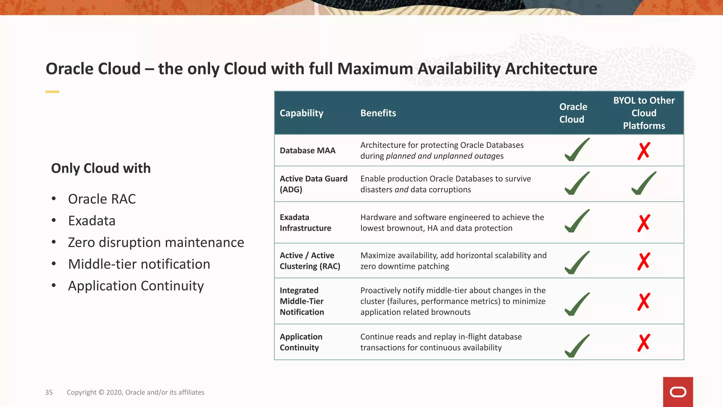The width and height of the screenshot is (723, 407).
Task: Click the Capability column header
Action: tap(301, 113)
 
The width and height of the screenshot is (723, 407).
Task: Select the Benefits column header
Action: tap(378, 113)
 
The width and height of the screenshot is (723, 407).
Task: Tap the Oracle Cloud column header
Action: tap(573, 113)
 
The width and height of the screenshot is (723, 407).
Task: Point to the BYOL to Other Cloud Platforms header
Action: tap(644, 113)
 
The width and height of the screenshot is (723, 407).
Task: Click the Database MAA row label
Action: tap(307, 151)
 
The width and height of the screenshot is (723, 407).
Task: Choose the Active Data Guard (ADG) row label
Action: tap(313, 184)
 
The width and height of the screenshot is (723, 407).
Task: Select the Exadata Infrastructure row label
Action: tap(305, 223)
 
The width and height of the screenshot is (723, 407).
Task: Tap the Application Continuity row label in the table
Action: tap(301, 342)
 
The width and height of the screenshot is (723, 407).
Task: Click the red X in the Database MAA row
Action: tap(644, 151)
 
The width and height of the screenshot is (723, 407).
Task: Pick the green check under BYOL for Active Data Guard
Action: tap(644, 183)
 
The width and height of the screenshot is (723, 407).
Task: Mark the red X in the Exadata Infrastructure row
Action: tap(644, 223)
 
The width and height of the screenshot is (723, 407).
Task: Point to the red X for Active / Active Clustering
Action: tap(644, 261)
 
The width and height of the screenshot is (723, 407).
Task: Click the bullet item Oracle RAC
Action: tap(102, 199)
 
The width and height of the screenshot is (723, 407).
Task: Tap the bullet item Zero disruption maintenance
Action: tap(156, 243)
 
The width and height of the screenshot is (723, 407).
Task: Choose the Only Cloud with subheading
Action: tap(101, 168)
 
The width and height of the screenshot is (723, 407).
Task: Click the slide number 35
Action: tap(49, 392)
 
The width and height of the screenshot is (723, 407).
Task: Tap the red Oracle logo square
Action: tap(678, 392)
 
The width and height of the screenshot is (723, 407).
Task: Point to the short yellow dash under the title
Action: tap(52, 92)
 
